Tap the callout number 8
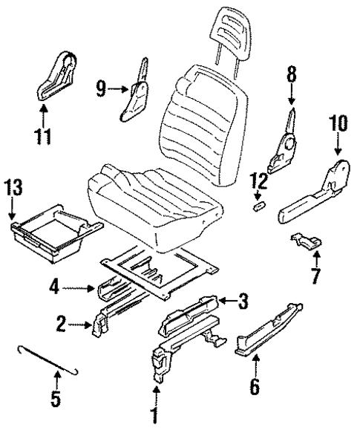tap(290, 74)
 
